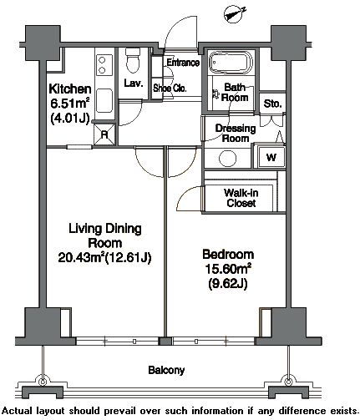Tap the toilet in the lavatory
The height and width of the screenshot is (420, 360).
(x=132, y=60)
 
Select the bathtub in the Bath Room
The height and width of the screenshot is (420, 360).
(x=231, y=63)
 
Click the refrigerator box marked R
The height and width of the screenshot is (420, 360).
(x=104, y=134)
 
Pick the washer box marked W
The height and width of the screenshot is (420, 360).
(x=271, y=157)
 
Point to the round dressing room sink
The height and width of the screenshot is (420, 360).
(x=227, y=159)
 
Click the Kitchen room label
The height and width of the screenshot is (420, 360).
(x=70, y=89)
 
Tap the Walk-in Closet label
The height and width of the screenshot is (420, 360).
(x=241, y=198)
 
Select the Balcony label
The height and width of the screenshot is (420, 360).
(x=166, y=370)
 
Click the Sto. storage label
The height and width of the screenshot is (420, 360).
(x=272, y=104)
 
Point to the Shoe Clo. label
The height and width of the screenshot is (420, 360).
(x=170, y=89)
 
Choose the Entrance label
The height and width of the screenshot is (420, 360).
(x=183, y=63)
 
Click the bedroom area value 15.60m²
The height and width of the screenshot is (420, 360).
(x=228, y=269)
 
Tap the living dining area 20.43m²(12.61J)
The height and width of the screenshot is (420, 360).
(x=104, y=257)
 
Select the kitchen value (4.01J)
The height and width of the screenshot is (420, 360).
(x=70, y=119)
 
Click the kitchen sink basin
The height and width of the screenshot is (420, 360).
(x=104, y=100)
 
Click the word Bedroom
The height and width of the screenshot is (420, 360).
(x=228, y=255)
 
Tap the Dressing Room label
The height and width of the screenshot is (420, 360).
(x=236, y=133)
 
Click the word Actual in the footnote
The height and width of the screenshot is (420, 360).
(x=18, y=411)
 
